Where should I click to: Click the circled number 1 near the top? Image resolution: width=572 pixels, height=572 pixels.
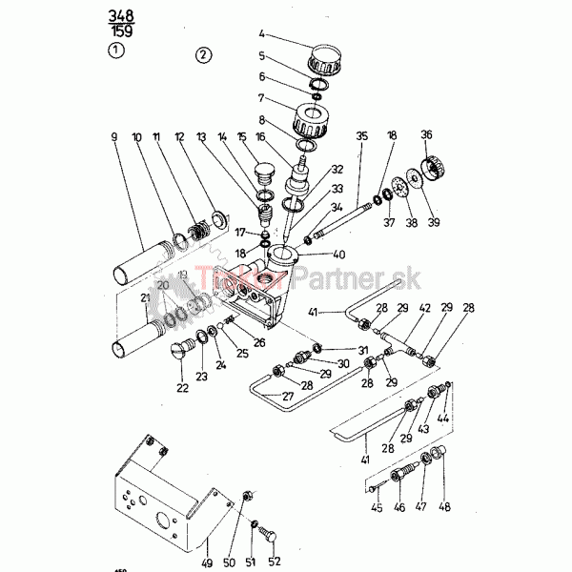[115, 51]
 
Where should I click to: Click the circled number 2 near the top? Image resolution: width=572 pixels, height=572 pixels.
[203, 53]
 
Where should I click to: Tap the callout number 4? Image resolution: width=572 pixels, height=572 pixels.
[262, 36]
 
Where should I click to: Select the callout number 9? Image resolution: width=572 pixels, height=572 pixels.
[114, 138]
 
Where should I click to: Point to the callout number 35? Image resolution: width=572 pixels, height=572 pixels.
[361, 137]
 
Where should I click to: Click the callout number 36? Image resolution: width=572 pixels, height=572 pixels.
[426, 134]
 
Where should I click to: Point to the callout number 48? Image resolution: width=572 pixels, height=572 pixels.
[443, 508]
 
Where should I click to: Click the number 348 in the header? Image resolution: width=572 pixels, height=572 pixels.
[120, 15]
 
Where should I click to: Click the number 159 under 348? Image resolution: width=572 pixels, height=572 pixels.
[121, 31]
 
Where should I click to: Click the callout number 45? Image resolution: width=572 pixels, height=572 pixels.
[378, 508]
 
